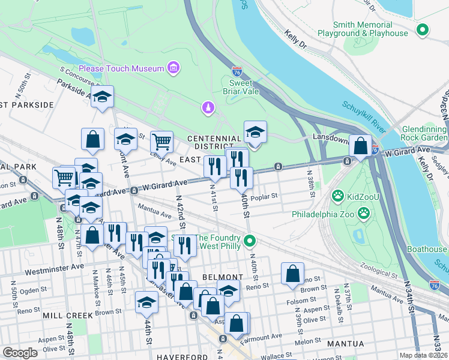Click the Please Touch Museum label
pyautogui.click(x=121, y=68)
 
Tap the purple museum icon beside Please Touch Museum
pyautogui.click(x=173, y=68)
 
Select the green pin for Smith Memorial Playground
pyautogui.click(x=423, y=29)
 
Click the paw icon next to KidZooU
pyautogui.click(x=339, y=196)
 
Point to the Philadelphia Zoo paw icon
pyautogui.click(x=364, y=214)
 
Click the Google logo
pyautogui.click(x=20, y=352)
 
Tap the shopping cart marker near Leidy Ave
pyautogui.click(x=161, y=142)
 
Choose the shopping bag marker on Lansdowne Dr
pyautogui.click(x=361, y=146)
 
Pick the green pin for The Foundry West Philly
pyautogui.click(x=251, y=242)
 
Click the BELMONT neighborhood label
pyautogui.click(x=223, y=277)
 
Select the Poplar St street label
pyautogui.click(x=265, y=196)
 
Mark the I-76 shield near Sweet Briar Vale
pyautogui.click(x=237, y=71)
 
